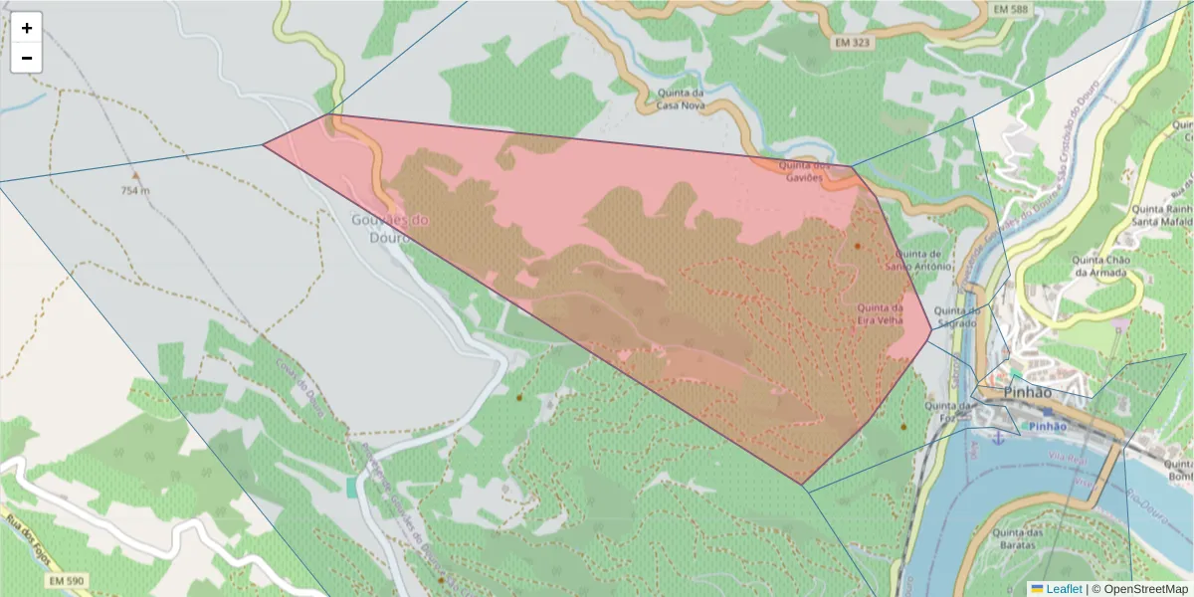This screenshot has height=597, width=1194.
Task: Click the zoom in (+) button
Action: tap(27, 28)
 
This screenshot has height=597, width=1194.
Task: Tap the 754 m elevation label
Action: tap(135, 190)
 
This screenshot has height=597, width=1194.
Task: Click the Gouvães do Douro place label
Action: tap(391, 227)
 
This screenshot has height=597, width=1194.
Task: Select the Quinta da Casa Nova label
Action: tap(682, 99)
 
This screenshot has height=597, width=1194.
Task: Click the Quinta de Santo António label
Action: tap(913, 260)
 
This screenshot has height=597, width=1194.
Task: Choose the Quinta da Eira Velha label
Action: tap(881, 314)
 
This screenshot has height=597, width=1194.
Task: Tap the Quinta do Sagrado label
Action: tap(958, 316)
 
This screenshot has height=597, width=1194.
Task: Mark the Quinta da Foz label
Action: tap(948, 412)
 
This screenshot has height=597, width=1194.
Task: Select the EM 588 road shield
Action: tap(1012, 10)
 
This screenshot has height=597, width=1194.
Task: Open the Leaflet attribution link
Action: tap(1064, 589)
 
